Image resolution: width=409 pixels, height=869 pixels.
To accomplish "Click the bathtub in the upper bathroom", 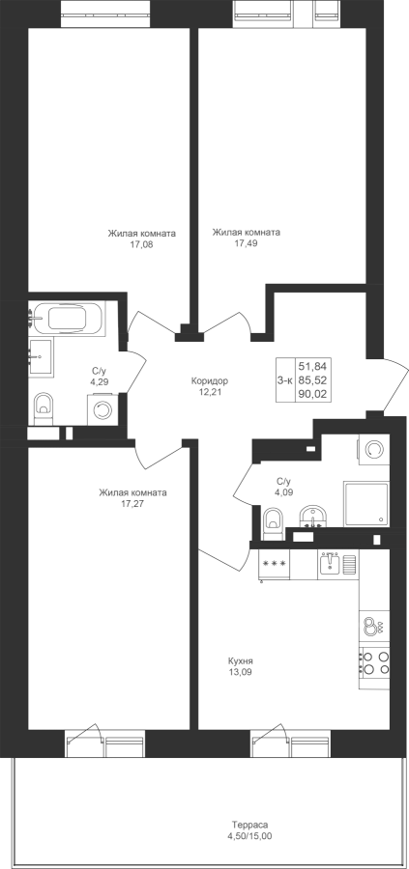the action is (x=67, y=319).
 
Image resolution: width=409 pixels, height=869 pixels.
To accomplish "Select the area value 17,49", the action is (x=246, y=242).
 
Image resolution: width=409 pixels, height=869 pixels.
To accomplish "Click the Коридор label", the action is (x=209, y=380).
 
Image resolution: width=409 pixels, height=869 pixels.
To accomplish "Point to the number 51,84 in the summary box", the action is (x=313, y=366).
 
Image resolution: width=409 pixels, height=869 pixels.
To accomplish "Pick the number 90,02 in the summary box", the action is (x=313, y=395).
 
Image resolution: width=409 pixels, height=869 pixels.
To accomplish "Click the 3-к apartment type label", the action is (x=284, y=380).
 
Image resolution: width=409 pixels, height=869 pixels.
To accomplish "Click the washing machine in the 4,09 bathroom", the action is (x=374, y=448).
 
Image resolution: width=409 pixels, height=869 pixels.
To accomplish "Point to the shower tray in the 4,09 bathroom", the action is (x=366, y=504).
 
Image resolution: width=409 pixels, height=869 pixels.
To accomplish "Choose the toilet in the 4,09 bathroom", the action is (x=273, y=523).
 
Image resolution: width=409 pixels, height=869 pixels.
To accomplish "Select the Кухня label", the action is (x=241, y=661).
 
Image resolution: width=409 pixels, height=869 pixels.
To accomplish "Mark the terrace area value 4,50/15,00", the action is (x=250, y=852).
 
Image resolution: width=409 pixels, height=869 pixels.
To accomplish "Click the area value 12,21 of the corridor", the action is (x=209, y=392).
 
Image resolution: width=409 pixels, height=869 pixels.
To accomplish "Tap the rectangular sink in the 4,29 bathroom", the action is (x=40, y=358).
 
